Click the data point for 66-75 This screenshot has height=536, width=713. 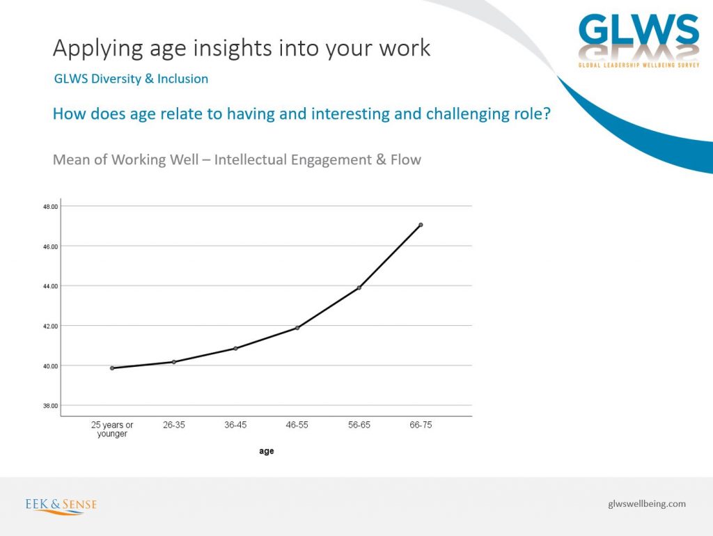point(421,225)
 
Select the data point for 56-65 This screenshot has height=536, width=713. point(359,287)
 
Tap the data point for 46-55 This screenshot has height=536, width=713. point(297,328)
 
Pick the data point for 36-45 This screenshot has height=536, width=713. point(235,348)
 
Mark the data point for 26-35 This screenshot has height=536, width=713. point(173,362)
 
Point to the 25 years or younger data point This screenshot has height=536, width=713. point(112,368)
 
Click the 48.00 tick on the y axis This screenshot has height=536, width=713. point(50,207)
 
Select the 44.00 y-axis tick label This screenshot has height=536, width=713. point(50,286)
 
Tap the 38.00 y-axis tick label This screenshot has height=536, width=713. point(50,406)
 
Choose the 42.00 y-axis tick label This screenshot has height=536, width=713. point(50,326)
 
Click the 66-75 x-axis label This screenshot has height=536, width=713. point(421,425)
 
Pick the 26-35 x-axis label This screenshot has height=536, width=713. point(173,425)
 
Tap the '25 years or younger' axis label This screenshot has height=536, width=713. point(112,429)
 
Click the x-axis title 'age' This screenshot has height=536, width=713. point(267,451)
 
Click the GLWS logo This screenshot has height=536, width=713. point(638,40)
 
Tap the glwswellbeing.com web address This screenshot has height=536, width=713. point(647,504)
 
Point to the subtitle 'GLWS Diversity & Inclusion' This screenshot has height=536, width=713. point(131,79)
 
